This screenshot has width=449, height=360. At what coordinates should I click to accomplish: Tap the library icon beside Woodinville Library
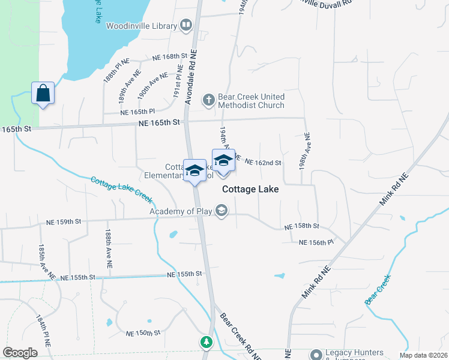click(186, 26)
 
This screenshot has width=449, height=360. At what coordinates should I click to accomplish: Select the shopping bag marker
click(43, 94)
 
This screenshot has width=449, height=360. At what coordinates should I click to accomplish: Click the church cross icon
click(208, 99)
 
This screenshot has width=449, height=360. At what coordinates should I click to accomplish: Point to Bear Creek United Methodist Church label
click(251, 101)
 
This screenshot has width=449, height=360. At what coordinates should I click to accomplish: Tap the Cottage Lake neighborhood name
click(250, 188)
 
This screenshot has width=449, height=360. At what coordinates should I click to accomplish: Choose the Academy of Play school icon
click(221, 210)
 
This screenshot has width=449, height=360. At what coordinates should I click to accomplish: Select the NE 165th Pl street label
click(137, 112)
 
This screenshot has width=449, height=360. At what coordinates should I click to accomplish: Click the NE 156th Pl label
click(316, 242)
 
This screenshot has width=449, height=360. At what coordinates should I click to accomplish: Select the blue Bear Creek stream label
click(378, 288)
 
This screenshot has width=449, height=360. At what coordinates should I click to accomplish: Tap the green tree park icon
click(206, 342)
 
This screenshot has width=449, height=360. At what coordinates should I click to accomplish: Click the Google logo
click(20, 353)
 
